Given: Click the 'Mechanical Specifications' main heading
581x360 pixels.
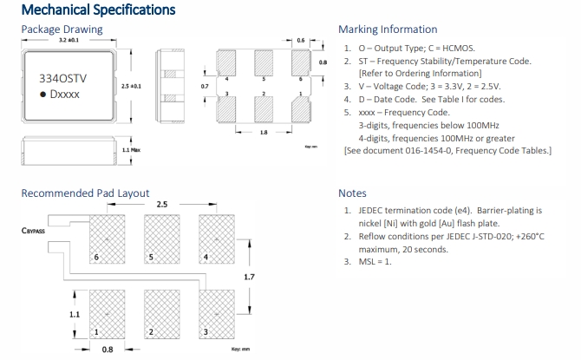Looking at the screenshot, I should coord(97,10).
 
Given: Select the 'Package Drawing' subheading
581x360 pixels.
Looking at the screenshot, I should coord(62,29).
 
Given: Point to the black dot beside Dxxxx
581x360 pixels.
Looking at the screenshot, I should coord(43,93).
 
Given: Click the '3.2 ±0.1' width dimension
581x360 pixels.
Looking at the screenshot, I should coord(69,41).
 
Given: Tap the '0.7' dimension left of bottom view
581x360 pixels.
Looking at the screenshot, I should coord(204,87).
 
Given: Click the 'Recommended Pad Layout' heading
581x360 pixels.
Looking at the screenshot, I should coord(85,193).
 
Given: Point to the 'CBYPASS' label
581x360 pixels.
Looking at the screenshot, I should coord(33,232).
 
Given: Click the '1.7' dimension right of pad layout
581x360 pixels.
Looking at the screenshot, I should coord(249,277).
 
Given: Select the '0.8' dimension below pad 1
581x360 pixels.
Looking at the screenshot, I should coord(108,350).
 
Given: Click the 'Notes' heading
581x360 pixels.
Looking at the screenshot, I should coord(352,193).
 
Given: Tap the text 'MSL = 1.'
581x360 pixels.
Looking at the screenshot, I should coord(374,262).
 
